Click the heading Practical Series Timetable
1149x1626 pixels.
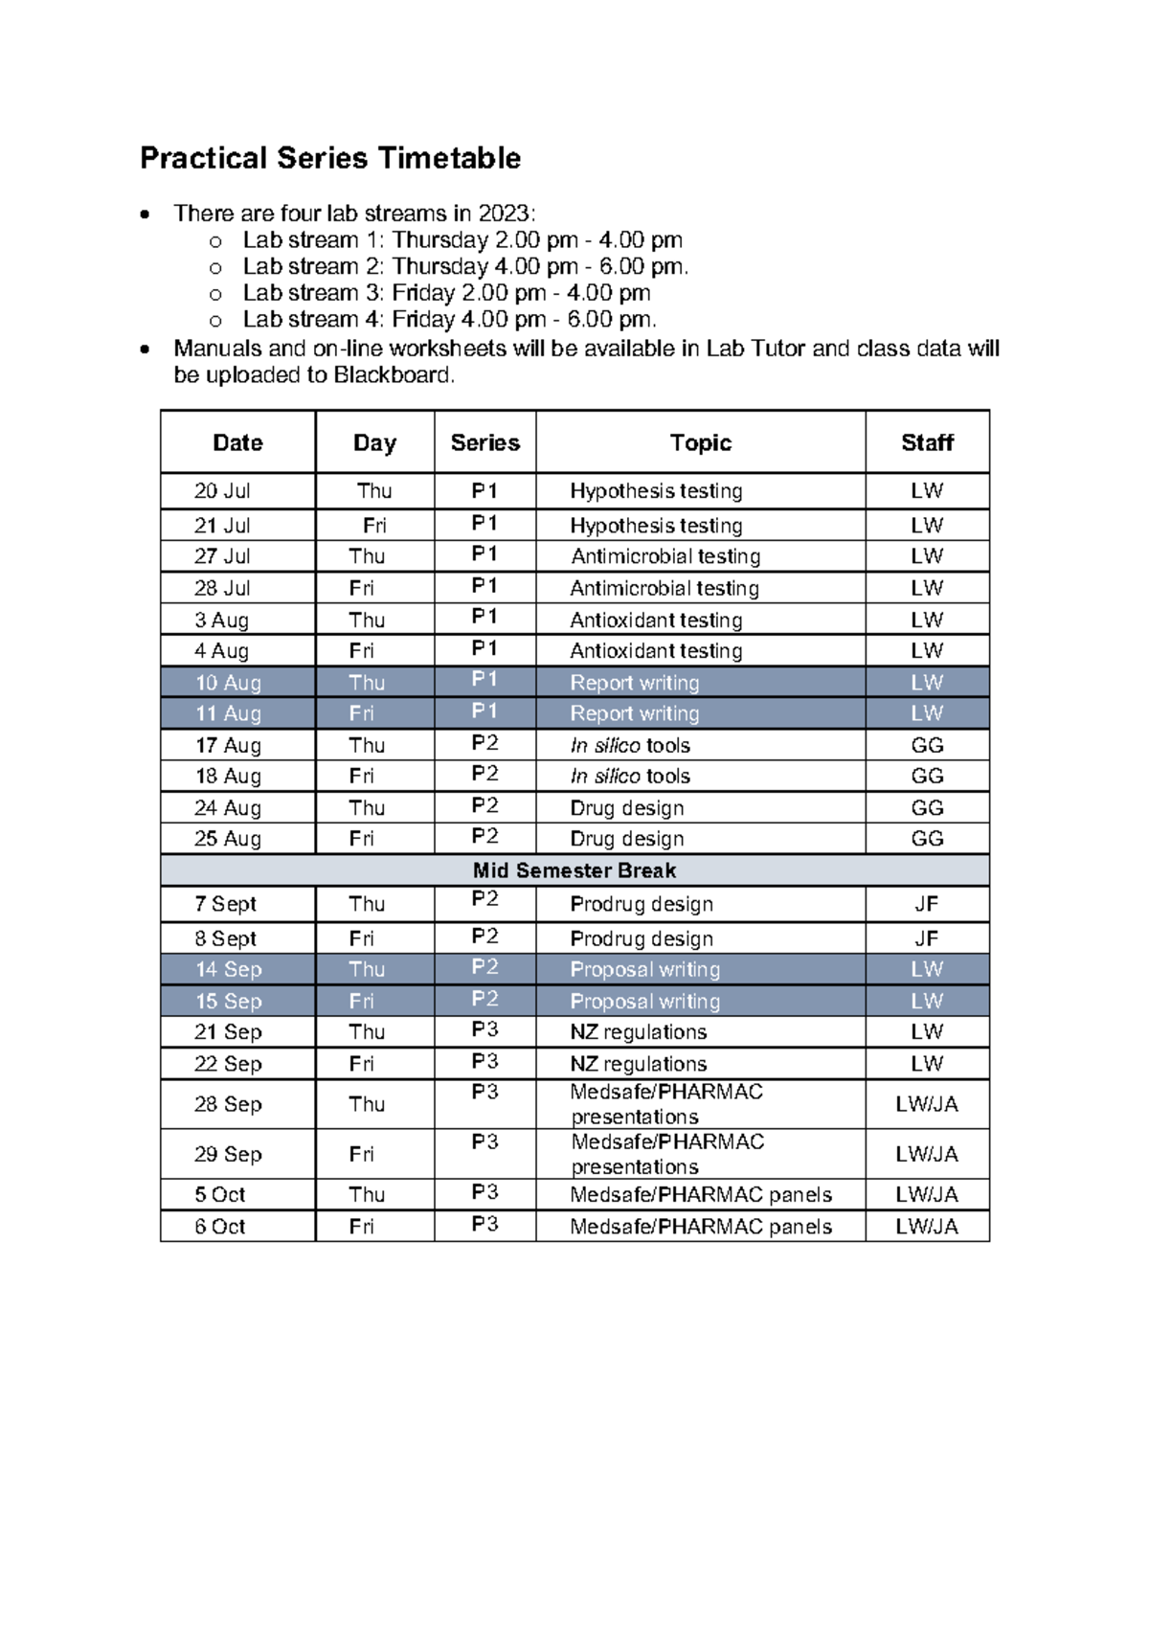tap(330, 158)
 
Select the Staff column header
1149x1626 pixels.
tap(927, 442)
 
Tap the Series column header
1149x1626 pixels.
tap(484, 442)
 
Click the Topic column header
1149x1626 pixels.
tap(700, 442)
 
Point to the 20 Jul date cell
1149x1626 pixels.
tap(222, 491)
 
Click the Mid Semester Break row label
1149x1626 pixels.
tap(574, 870)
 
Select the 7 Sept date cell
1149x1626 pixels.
tap(225, 904)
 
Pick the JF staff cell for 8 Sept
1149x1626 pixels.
tap(926, 938)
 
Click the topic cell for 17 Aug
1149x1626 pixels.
tap(630, 745)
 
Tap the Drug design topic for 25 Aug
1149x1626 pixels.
tap(627, 839)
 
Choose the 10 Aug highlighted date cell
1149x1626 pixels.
tap(228, 683)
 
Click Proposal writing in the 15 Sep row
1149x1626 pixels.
tap(644, 1001)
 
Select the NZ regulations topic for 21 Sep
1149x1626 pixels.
tap(638, 1032)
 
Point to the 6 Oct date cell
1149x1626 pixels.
tap(219, 1227)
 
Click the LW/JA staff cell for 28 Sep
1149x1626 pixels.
tap(926, 1104)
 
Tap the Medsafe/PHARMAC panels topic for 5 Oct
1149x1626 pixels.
tap(701, 1195)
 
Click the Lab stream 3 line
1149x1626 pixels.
tap(446, 293)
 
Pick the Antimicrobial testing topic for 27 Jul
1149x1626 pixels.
tap(665, 556)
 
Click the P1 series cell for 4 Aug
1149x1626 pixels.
tap(484, 649)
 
